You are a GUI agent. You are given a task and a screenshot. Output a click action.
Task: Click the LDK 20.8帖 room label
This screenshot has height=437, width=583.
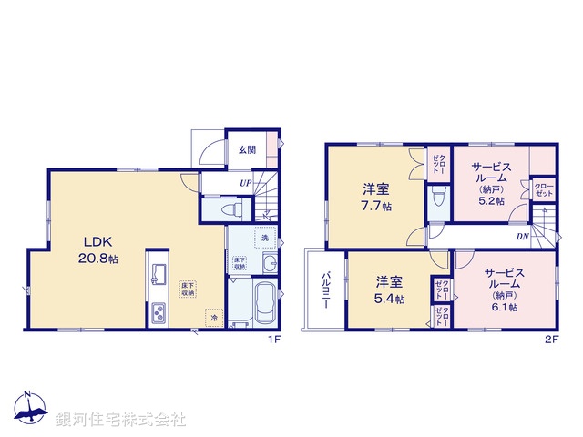click(101, 249)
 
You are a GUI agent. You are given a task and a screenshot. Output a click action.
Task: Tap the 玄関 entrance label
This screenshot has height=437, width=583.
click(247, 150)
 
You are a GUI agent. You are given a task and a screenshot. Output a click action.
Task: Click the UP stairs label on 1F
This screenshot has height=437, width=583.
click(246, 183)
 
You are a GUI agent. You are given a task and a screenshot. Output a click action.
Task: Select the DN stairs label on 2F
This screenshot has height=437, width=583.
click(522, 237)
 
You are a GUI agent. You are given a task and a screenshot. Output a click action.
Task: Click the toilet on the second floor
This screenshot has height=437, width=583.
click(438, 194)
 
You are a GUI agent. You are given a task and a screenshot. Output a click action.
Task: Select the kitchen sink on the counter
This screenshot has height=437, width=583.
click(158, 275)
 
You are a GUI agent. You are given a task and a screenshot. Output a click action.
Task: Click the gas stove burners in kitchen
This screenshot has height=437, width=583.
click(157, 313)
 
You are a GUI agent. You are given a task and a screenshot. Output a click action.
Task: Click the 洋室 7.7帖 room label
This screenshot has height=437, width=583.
click(376, 198)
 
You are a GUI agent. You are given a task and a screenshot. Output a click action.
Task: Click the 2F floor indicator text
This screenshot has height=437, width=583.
click(550, 340)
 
